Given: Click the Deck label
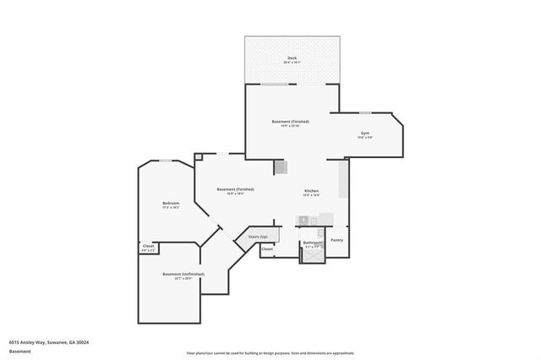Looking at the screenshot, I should [292, 58].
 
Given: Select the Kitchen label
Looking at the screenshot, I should [312, 192].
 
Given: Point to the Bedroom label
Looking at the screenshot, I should [171, 204].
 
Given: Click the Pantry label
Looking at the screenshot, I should [336, 240].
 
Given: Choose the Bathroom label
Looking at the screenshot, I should [311, 243].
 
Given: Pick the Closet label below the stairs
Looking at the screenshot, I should [267, 249].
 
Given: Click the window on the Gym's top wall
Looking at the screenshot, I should [365, 112].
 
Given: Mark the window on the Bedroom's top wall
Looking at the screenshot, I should [166, 160].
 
